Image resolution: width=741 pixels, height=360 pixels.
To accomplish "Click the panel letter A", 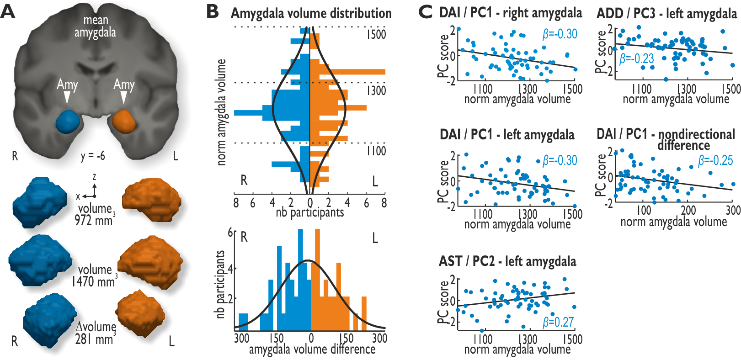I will coord(8,11).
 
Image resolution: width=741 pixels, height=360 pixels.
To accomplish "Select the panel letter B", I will coord(213,11).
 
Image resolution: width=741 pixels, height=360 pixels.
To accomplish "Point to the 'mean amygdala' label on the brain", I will coord(95,26).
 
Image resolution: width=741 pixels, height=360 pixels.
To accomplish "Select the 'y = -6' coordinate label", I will coord(93,156).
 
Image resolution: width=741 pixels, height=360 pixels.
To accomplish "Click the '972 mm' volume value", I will coord(94,221).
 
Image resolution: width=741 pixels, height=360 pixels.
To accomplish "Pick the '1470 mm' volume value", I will coord(93,282).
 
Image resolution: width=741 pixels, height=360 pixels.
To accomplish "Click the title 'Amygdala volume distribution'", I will coord(311,13).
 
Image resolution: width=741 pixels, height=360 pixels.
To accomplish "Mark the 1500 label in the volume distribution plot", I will coord(376,35).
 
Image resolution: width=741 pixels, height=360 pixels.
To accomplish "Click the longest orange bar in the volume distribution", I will coord(347,72).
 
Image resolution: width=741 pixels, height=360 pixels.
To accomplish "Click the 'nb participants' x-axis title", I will coord(309,212).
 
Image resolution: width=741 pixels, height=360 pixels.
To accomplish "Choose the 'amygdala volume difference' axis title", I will coord(312,349).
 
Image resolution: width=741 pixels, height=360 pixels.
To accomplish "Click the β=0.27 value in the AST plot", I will coord(558,322).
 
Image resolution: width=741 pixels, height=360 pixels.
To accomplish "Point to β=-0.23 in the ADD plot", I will coord(636,59).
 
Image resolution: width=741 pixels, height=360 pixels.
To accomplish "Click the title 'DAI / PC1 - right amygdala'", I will coord(510,13).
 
